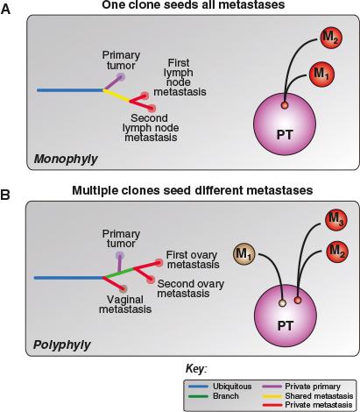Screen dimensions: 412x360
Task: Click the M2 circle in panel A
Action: (x=326, y=39)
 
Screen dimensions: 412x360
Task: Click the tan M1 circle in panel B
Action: (x=244, y=255)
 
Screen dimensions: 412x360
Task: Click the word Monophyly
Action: (x=65, y=160)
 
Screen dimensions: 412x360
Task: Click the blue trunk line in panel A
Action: (x=70, y=89)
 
